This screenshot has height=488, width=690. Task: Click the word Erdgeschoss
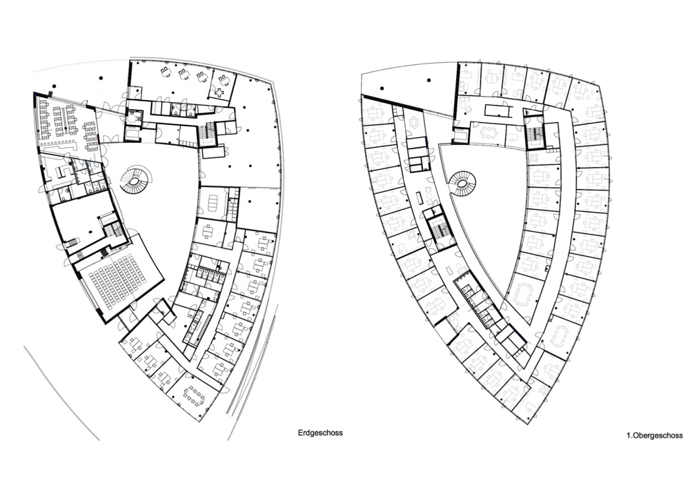pos(320,433)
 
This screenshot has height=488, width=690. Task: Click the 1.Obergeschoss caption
pos(655,436)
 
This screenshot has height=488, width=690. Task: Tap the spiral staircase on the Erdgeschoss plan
pos(135,180)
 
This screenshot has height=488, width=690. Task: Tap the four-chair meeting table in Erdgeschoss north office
pos(219,92)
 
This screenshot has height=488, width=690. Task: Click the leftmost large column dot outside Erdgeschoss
pos(55,86)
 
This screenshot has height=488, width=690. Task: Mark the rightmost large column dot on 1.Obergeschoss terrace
pos(428,81)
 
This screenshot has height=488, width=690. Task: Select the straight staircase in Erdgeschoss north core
pos(206,130)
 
